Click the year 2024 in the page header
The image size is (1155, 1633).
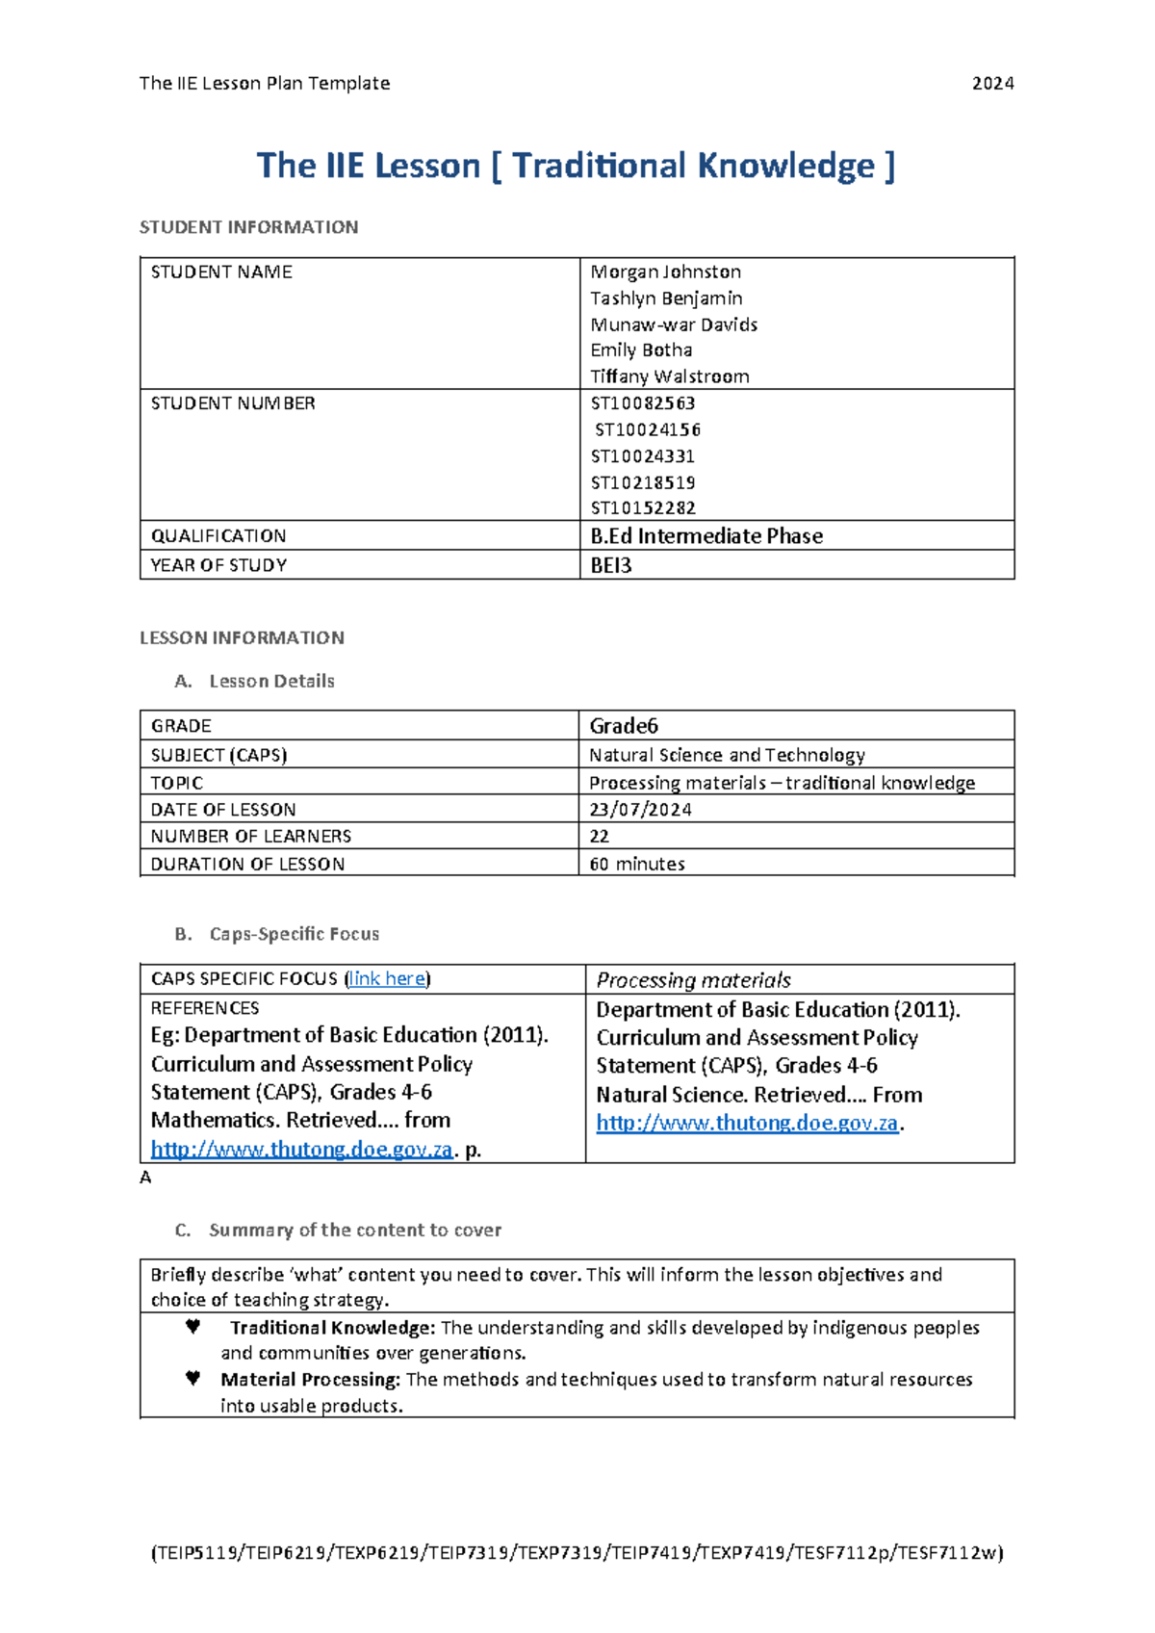click(992, 84)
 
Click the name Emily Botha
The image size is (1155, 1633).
click(641, 350)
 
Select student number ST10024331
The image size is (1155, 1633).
click(642, 456)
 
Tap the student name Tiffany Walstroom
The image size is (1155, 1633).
click(669, 376)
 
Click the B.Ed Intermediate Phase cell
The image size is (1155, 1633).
click(706, 536)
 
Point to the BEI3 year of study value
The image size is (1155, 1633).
click(611, 566)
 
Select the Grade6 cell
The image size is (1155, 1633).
click(624, 726)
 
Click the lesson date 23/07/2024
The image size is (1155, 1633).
click(640, 810)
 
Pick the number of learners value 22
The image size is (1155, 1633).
click(600, 837)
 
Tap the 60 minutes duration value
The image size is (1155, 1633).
click(637, 865)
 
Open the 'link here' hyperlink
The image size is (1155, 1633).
click(387, 979)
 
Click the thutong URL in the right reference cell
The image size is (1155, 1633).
click(747, 1124)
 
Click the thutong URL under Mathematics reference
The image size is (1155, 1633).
click(301, 1150)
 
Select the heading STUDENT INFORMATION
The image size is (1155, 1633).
click(248, 227)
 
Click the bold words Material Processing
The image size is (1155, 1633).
click(310, 1380)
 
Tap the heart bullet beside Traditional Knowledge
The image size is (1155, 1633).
click(192, 1327)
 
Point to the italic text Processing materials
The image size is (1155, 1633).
click(693, 980)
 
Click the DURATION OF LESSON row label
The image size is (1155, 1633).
click(247, 865)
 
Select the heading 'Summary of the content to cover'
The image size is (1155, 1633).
click(355, 1231)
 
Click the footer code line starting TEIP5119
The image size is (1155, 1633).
click(577, 1553)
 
